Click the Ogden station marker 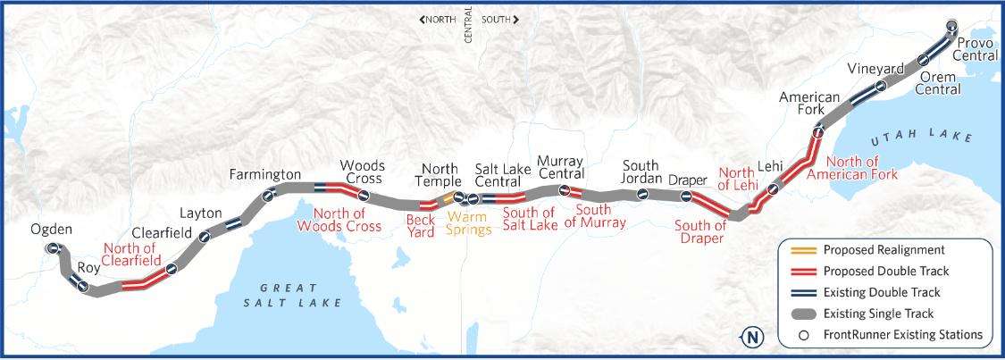[x=54, y=248]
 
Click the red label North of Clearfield [x=131, y=255]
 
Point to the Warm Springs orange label [x=470, y=222]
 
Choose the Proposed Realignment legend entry [x=883, y=250]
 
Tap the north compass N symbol [x=753, y=337]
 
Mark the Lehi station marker [x=774, y=187]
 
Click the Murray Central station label [x=561, y=167]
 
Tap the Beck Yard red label [x=421, y=225]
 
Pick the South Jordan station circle [x=641, y=195]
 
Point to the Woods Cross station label [x=362, y=172]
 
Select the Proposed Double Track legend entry [x=885, y=272]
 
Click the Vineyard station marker [x=881, y=87]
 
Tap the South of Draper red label [x=700, y=231]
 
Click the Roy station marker [x=83, y=287]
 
